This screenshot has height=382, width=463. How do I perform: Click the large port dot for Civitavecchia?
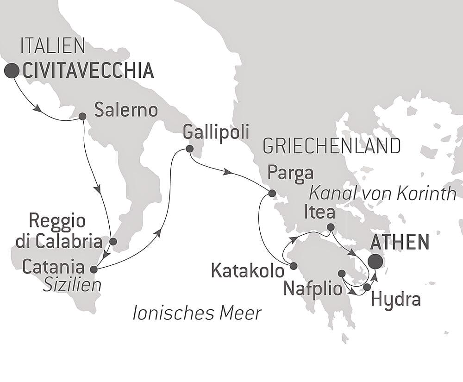pyautogui.click(x=12, y=71)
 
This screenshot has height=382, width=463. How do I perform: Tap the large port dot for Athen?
pyautogui.click(x=375, y=262)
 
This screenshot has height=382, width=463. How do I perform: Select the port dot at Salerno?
pyautogui.click(x=82, y=116)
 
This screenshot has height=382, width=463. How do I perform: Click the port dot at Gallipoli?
pyautogui.click(x=189, y=149)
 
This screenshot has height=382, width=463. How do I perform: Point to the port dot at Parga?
pyautogui.click(x=272, y=193)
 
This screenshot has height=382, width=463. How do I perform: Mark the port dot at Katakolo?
pyautogui.click(x=293, y=266)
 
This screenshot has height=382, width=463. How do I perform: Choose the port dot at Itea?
pyautogui.click(x=331, y=227)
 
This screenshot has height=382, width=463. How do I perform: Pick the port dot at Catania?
pyautogui.click(x=94, y=269)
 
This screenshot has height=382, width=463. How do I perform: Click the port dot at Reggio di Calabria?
pyautogui.click(x=113, y=241)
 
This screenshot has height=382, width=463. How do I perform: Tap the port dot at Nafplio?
pyautogui.click(x=342, y=274)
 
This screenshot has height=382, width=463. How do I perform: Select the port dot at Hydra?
pyautogui.click(x=367, y=287)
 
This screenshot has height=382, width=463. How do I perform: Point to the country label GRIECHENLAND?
pyautogui.click(x=331, y=146)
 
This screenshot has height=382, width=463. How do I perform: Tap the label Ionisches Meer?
pyautogui.click(x=197, y=313)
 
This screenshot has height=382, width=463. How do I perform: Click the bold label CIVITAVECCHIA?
pyautogui.click(x=88, y=71)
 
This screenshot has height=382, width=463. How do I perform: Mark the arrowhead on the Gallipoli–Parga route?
pyautogui.click(x=228, y=172)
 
